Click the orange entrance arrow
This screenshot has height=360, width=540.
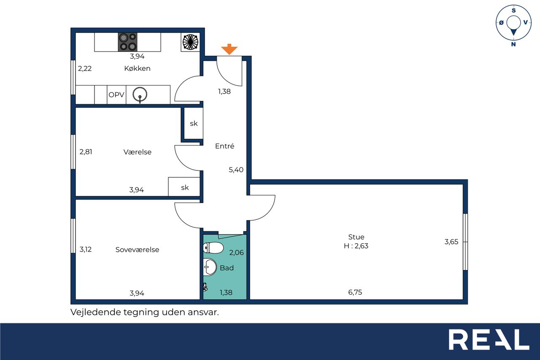click(x=229, y=49)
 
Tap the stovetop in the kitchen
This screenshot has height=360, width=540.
click(x=127, y=42)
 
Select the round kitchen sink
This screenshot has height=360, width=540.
click(x=140, y=94)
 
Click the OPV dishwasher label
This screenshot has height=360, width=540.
click(x=116, y=95)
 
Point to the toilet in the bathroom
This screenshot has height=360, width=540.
click(x=213, y=248)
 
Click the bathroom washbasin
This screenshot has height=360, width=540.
click(x=210, y=267)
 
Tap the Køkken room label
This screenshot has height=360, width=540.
click(x=138, y=68)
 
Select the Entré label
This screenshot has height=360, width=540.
click(x=225, y=146)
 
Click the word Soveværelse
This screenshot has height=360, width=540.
click(x=138, y=249)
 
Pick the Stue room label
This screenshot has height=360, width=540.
click(x=356, y=237)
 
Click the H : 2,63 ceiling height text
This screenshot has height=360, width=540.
click(x=356, y=246)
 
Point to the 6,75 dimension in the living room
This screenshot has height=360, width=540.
click(x=355, y=292)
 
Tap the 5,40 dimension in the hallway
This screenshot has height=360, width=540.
click(x=236, y=170)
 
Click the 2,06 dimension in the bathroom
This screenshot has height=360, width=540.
click(x=237, y=252)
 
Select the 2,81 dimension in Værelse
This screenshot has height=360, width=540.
click(x=86, y=152)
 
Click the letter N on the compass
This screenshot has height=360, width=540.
click(x=513, y=44)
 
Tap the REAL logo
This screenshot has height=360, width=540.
click(x=489, y=339)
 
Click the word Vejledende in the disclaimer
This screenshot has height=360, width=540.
click(x=96, y=312)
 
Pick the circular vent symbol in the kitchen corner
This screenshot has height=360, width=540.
click(x=190, y=42)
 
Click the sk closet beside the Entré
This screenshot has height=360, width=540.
click(x=194, y=124)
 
